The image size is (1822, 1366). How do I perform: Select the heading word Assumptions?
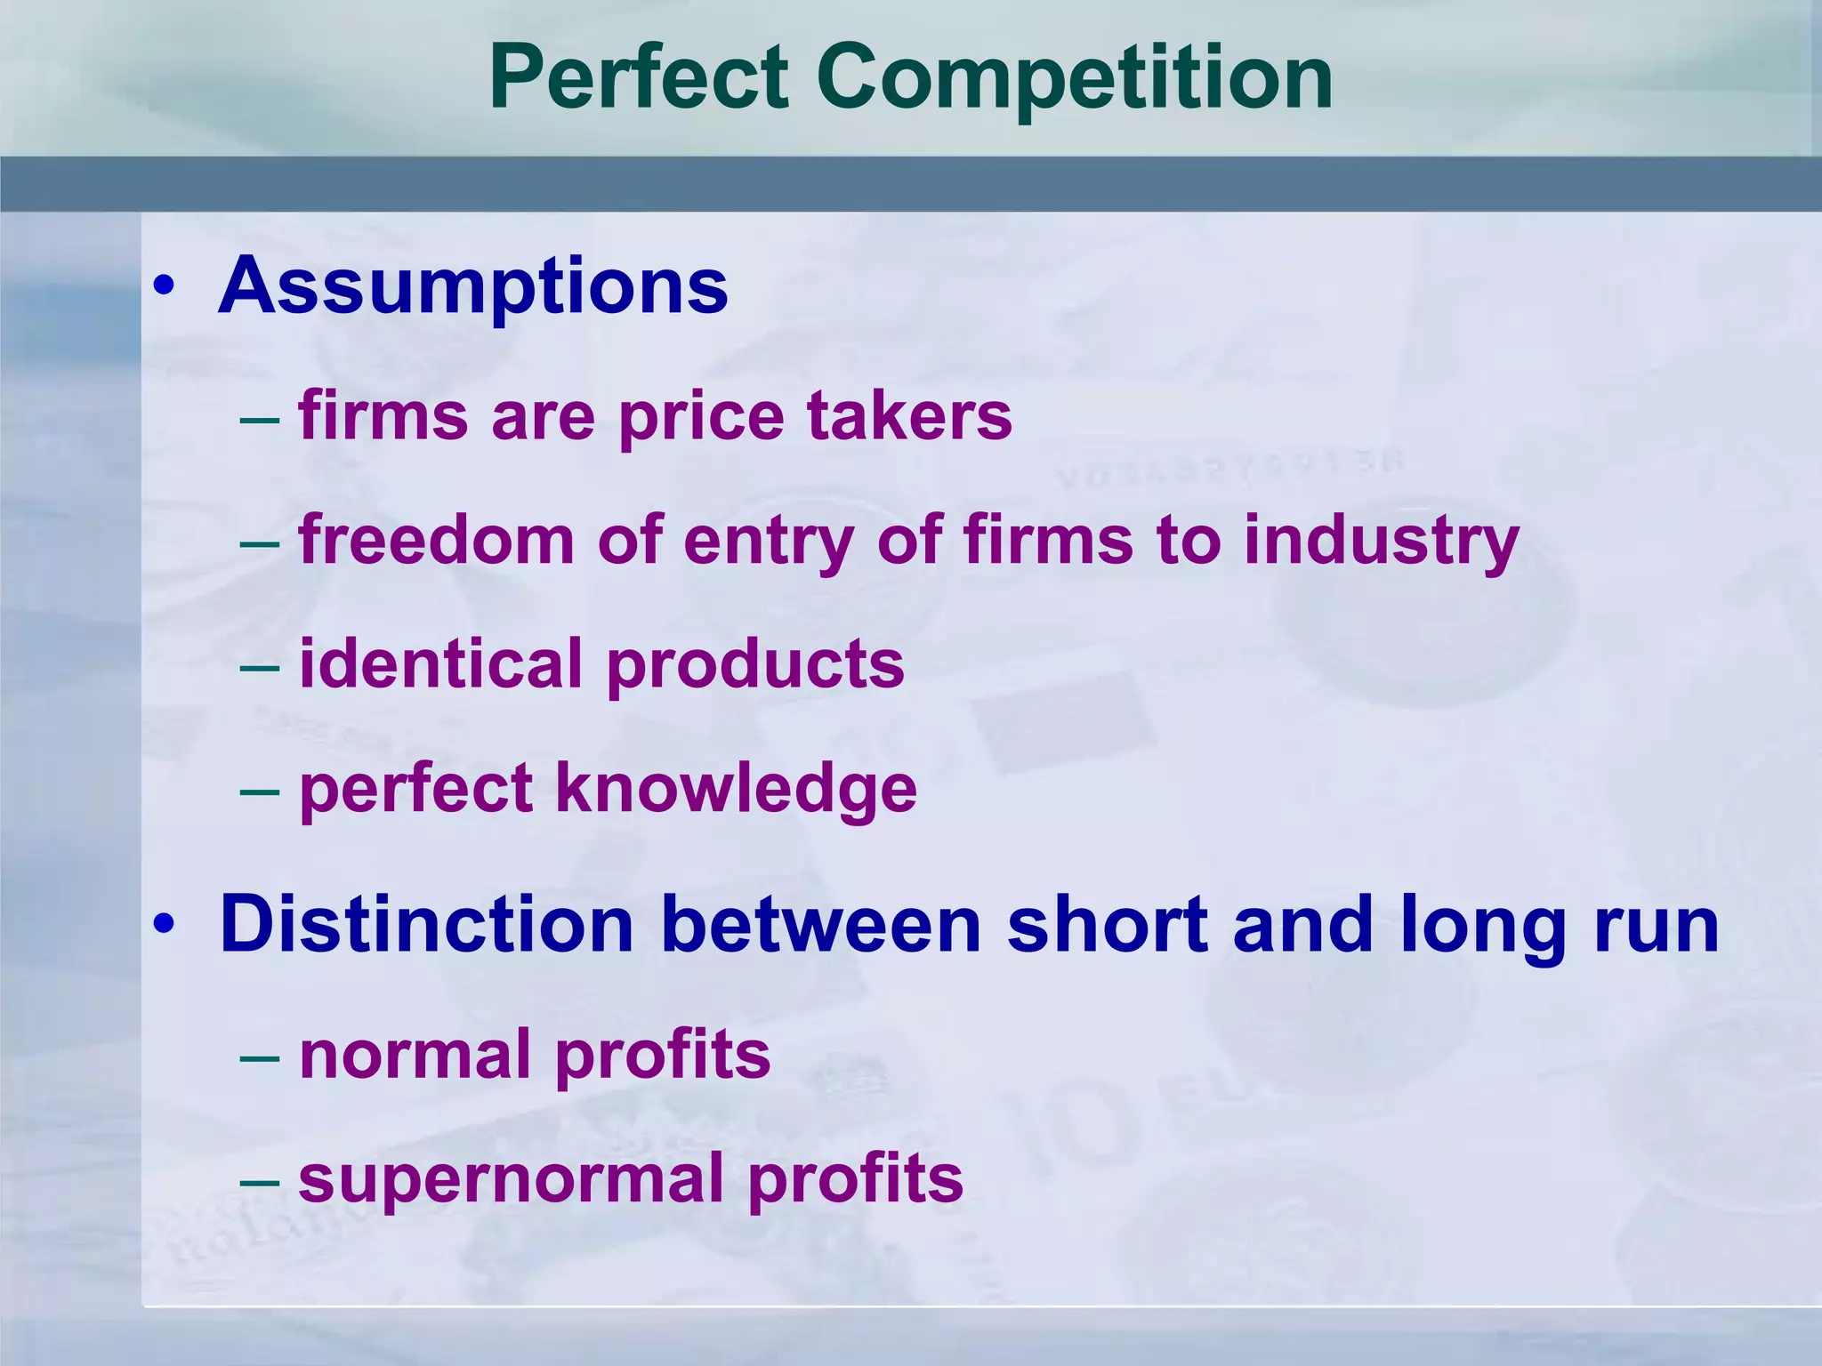pyautogui.click(x=473, y=286)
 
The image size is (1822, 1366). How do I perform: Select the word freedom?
pyautogui.click(x=436, y=540)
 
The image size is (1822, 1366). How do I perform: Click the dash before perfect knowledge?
pyautogui.click(x=260, y=791)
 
